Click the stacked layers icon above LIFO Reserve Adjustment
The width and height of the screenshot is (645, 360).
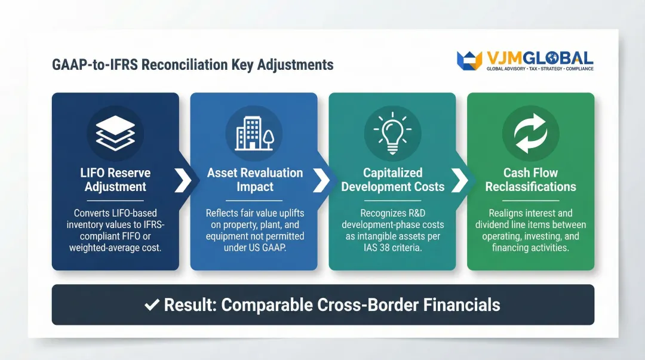pyautogui.click(x=115, y=133)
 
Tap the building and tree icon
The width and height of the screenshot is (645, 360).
pyautogui.click(x=254, y=133)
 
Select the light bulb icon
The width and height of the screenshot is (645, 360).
pyautogui.click(x=392, y=133)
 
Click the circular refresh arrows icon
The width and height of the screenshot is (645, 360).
pyautogui.click(x=530, y=133)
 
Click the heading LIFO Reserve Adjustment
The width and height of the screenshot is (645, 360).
pyautogui.click(x=115, y=180)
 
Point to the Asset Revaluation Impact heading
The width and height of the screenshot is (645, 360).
pyautogui.click(x=254, y=180)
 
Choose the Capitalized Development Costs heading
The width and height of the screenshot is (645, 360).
pyautogui.click(x=392, y=180)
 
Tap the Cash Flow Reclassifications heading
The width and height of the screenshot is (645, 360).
pyautogui.click(x=530, y=180)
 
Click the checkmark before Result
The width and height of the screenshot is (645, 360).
pyautogui.click(x=152, y=305)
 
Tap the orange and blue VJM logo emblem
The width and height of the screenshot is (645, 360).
pyautogui.click(x=469, y=60)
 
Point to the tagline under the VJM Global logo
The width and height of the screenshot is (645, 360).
pyautogui.click(x=540, y=69)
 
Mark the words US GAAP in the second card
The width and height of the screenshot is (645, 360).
pyautogui.click(x=270, y=247)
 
